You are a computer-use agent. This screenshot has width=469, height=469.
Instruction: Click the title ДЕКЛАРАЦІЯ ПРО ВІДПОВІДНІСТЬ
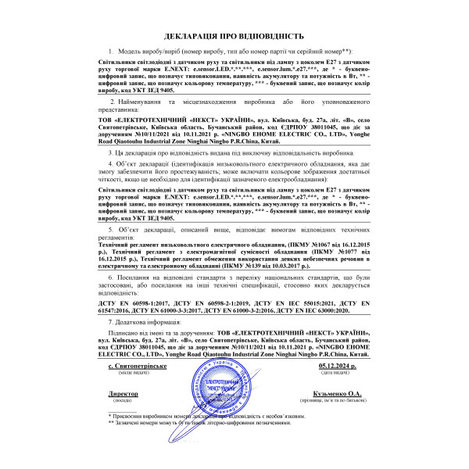pyautogui.click(x=234, y=37)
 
